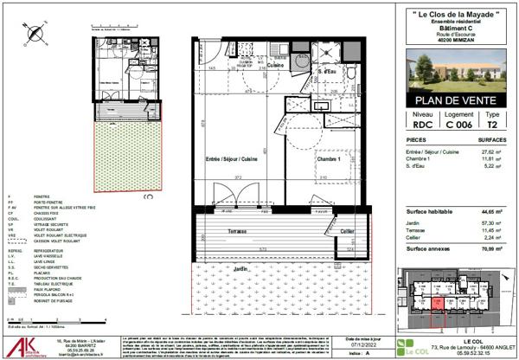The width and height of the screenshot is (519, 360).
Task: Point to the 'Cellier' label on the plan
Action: point(346,231)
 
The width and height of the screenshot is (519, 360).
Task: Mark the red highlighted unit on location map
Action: point(438,303)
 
